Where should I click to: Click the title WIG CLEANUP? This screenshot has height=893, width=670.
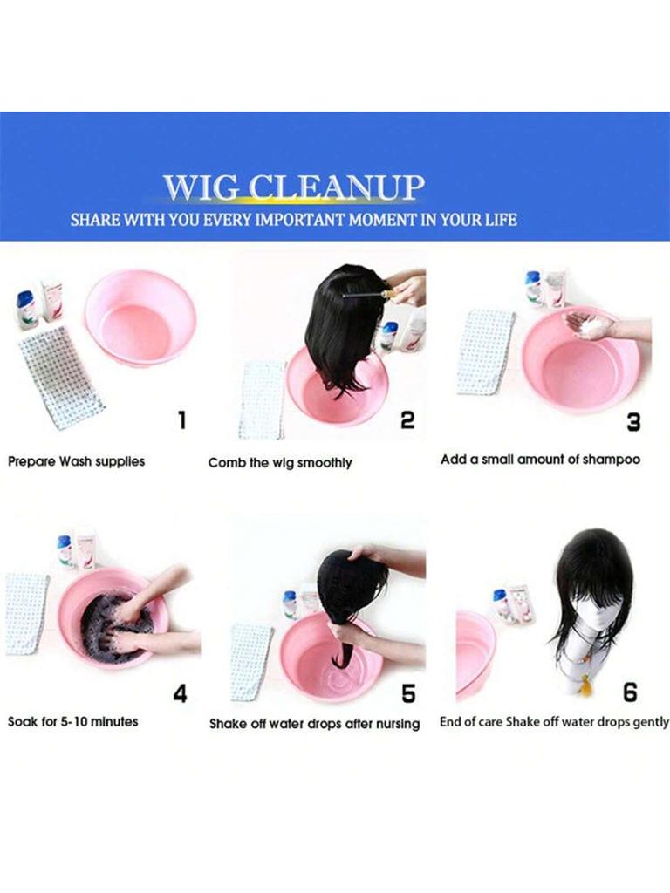(x=294, y=187)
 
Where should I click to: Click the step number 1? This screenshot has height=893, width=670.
(x=181, y=420)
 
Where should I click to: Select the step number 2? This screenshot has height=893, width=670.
(x=407, y=420)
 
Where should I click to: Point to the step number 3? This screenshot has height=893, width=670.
(x=633, y=422)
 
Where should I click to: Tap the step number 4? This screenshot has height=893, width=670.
(x=180, y=693)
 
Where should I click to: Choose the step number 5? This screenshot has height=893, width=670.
(x=408, y=693)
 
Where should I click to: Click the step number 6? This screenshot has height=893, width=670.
(x=630, y=692)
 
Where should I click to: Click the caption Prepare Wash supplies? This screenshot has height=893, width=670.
(x=77, y=461)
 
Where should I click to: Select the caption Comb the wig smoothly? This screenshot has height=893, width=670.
(x=280, y=462)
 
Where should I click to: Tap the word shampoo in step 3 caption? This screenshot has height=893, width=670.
(x=612, y=460)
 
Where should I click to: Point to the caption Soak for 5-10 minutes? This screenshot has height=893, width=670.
(x=73, y=721)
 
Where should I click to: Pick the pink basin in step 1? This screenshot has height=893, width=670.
(x=140, y=319)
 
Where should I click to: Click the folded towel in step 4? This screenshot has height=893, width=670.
(x=27, y=613)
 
